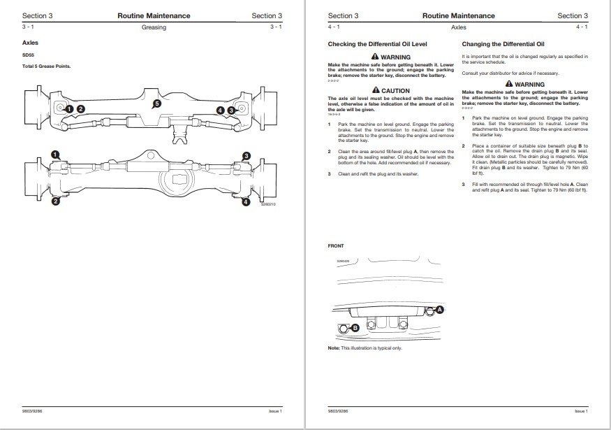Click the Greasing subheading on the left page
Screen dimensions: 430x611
point(153,27)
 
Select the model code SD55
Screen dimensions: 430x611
point(29,56)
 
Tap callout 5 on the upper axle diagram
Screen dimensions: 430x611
point(157,103)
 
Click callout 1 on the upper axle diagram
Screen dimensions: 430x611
point(71,109)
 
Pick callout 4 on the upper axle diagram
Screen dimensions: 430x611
point(221,110)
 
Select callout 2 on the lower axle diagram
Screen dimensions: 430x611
point(55,202)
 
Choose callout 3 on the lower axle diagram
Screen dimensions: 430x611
point(246,155)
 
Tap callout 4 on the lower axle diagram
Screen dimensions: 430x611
point(246,202)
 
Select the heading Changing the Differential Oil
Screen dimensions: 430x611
point(508,43)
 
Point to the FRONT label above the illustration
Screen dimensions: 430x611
point(336,246)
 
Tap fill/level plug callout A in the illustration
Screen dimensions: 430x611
point(440,308)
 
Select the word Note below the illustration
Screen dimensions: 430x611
point(334,347)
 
